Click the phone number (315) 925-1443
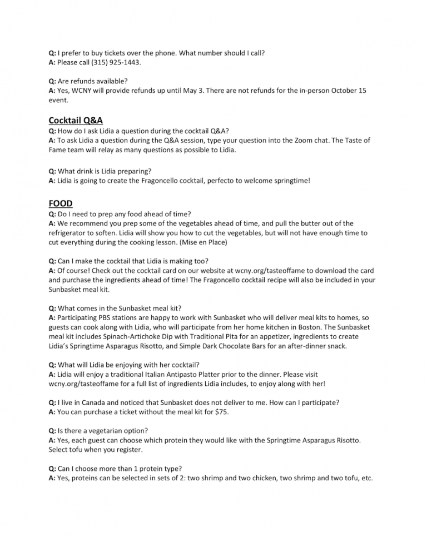click(110, 62)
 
